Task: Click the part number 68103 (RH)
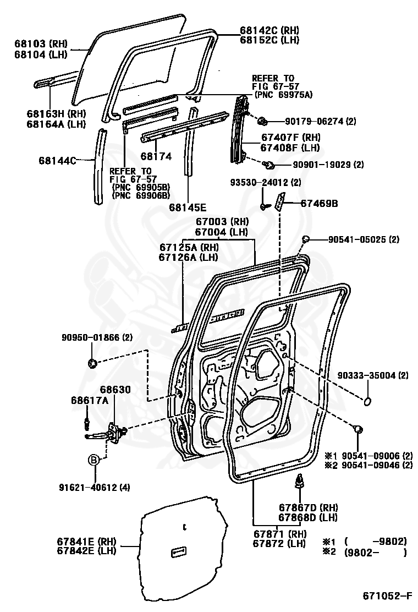pos(41,42)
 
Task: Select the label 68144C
pos(57,161)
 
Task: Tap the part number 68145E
pos(188,207)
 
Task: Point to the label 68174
pos(156,156)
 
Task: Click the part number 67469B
pos(319,204)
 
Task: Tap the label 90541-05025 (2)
pos(364,239)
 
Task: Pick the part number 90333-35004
pos(365,376)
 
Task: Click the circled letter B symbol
pos(94,460)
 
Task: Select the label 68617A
pos(89,400)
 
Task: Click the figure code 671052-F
pos(387,595)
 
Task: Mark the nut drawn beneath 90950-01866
pos(92,363)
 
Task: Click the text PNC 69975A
pos(284,95)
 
